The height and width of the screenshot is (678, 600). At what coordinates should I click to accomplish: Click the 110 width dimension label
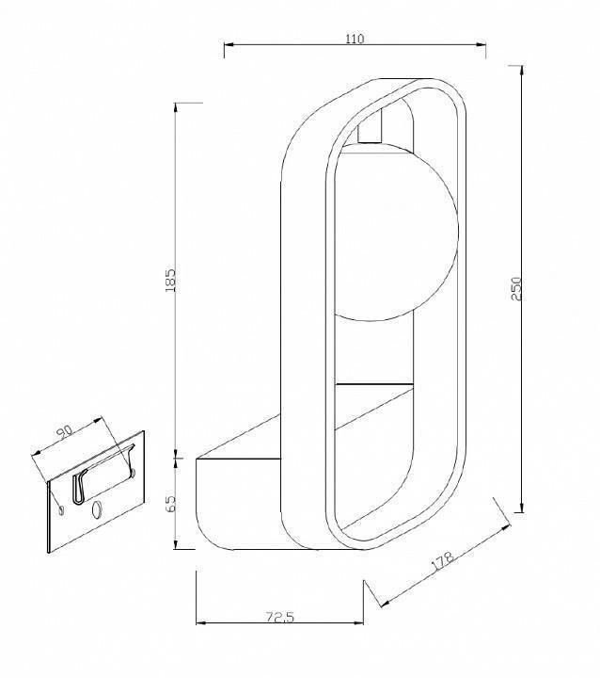click(355, 39)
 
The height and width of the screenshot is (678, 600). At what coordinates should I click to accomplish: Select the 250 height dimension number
click(516, 289)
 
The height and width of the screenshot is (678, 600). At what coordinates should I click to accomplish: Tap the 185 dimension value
click(170, 281)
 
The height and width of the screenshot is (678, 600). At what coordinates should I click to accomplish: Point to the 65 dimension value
click(171, 504)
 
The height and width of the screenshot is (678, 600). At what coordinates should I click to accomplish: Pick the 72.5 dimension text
click(280, 617)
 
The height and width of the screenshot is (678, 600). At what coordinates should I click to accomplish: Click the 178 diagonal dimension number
click(443, 561)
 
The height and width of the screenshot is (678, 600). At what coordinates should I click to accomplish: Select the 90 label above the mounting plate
click(66, 433)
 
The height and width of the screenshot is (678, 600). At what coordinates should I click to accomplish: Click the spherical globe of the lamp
click(396, 233)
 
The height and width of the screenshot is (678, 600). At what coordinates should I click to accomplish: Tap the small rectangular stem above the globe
click(370, 126)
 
